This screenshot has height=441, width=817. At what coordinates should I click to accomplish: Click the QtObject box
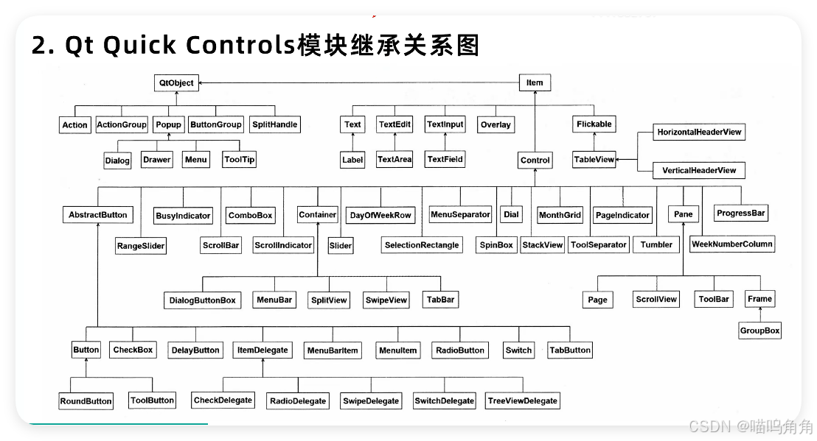(x=176, y=83)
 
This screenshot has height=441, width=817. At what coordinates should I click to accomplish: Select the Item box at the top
(x=535, y=82)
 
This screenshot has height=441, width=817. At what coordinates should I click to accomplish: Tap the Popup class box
(x=168, y=124)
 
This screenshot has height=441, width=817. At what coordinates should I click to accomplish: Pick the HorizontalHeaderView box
(x=699, y=133)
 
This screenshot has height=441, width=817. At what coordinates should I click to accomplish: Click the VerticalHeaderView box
(x=698, y=170)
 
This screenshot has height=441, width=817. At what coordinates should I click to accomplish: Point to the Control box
(x=535, y=160)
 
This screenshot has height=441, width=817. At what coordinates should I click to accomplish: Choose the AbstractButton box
(x=97, y=215)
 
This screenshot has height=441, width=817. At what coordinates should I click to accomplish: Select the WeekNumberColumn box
(x=731, y=244)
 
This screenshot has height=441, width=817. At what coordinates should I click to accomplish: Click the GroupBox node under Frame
(x=759, y=331)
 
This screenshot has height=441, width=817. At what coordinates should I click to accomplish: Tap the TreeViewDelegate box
(x=522, y=401)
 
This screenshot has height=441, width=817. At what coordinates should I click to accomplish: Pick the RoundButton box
(x=86, y=401)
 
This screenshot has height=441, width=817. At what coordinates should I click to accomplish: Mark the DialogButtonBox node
(x=203, y=300)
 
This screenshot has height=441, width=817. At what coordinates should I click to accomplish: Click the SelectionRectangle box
(x=422, y=245)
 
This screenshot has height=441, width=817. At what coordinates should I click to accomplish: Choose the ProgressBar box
(x=741, y=214)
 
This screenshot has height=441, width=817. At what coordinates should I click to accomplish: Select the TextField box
(x=445, y=159)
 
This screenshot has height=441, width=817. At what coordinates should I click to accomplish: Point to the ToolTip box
(x=238, y=159)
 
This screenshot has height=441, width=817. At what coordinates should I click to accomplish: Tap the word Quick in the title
(x=139, y=46)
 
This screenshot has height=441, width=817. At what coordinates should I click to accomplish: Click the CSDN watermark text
(x=707, y=426)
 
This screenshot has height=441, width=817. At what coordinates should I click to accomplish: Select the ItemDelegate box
(x=263, y=350)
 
